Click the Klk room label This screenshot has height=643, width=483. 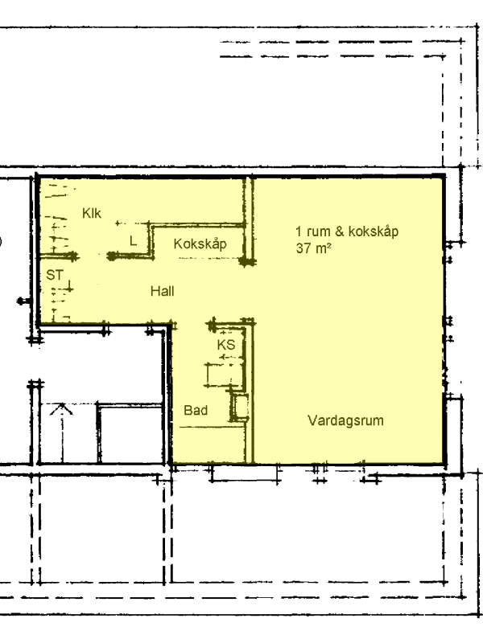92,213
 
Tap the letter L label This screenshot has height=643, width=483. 133,240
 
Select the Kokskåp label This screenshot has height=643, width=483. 200,244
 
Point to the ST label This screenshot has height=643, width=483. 55,275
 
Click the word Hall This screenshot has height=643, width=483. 163,291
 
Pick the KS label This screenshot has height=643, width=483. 226,345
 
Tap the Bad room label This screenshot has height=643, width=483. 196,410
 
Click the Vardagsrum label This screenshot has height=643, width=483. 345,420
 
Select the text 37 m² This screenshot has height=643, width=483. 313,248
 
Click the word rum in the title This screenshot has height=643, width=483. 319,231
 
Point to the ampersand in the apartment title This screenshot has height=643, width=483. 339,231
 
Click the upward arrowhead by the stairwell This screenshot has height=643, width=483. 61,409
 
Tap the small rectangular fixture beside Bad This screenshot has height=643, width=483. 239,408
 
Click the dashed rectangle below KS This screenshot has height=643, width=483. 224,375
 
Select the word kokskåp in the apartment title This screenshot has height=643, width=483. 373,231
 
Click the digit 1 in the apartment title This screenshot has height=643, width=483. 299,231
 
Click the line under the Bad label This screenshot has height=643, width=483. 213,427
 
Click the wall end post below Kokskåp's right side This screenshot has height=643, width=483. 246,260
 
